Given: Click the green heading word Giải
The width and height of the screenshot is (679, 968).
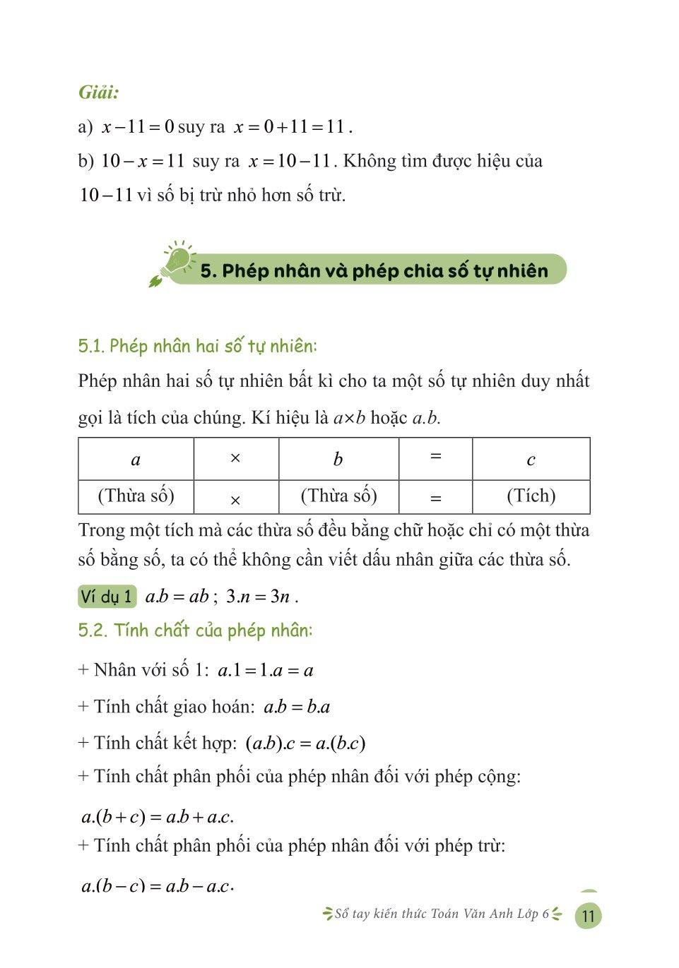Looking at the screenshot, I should click(98, 92).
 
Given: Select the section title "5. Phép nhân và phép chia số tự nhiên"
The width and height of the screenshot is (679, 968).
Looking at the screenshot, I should click(374, 271).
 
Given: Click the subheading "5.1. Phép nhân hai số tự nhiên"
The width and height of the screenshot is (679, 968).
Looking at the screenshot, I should click(198, 346).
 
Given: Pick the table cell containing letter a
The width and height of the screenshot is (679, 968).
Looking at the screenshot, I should click(136, 460).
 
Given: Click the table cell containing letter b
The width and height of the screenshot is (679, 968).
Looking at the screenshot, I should click(338, 460).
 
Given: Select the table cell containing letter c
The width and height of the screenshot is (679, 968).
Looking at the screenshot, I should click(531, 460).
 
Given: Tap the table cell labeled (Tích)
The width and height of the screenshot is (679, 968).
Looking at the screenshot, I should click(531, 496).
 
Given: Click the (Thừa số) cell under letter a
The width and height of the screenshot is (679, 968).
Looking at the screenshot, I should click(136, 496).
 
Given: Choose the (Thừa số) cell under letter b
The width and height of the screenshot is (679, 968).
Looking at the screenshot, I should click(338, 496).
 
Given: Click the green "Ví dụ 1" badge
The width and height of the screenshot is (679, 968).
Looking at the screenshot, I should click(107, 597).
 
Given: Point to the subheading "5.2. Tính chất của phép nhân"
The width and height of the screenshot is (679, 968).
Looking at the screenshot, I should click(195, 630).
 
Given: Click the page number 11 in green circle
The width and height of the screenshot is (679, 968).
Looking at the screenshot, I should click(588, 916).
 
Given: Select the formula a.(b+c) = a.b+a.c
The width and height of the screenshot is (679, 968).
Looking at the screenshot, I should click(158, 817).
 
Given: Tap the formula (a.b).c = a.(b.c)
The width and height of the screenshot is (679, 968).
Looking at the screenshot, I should click(305, 743).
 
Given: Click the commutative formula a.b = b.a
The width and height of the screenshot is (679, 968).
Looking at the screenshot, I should click(297, 707).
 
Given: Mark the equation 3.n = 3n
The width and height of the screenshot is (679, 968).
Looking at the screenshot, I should click(258, 597).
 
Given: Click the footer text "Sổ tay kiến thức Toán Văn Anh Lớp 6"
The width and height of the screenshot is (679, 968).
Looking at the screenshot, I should click(442, 914).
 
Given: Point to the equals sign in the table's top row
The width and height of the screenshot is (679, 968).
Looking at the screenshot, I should click(435, 456).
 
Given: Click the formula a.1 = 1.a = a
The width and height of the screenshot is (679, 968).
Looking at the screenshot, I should click(266, 670).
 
